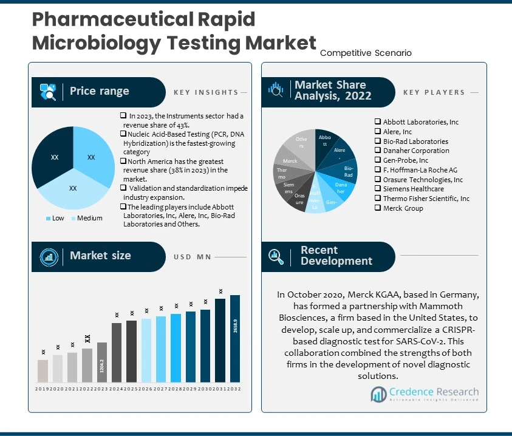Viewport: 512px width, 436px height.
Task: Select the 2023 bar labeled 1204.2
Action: pyautogui.click(x=102, y=362)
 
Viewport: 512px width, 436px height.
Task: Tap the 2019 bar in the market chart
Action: pyautogui.click(x=43, y=370)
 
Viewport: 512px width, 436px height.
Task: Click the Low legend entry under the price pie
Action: pyautogui.click(x=54, y=218)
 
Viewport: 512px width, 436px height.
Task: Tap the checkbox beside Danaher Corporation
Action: pyautogui.click(x=378, y=151)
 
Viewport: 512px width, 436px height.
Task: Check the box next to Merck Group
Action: pyautogui.click(x=378, y=208)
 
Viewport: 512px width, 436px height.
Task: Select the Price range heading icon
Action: pyautogui.click(x=48, y=92)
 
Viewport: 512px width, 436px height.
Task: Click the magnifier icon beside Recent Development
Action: pyautogui.click(x=276, y=256)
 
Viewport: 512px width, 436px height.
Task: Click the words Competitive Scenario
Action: pyautogui.click(x=366, y=53)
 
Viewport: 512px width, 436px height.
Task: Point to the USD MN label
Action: pyautogui.click(x=191, y=257)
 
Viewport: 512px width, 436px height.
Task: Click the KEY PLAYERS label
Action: pyautogui.click(x=434, y=92)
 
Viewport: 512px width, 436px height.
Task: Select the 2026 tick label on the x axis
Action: pyautogui.click(x=146, y=389)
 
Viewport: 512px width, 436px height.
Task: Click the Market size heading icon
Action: pyautogui.click(x=48, y=256)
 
